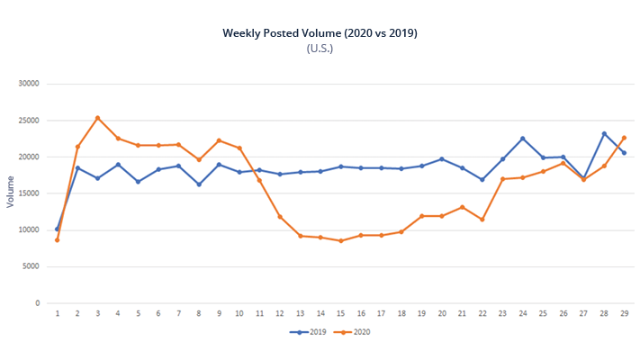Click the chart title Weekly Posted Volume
(320, 33)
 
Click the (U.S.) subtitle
(320, 49)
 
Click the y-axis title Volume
(11, 193)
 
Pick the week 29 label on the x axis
(624, 313)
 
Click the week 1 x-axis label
(58, 313)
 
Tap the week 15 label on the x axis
(340, 313)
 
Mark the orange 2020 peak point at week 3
(98, 118)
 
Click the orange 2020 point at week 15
(340, 240)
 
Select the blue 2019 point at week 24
(522, 139)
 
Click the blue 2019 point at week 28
(604, 134)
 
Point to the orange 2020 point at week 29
(624, 138)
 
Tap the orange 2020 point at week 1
(58, 239)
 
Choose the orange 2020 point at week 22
(482, 220)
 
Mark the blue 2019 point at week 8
(199, 184)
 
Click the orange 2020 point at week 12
(280, 216)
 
